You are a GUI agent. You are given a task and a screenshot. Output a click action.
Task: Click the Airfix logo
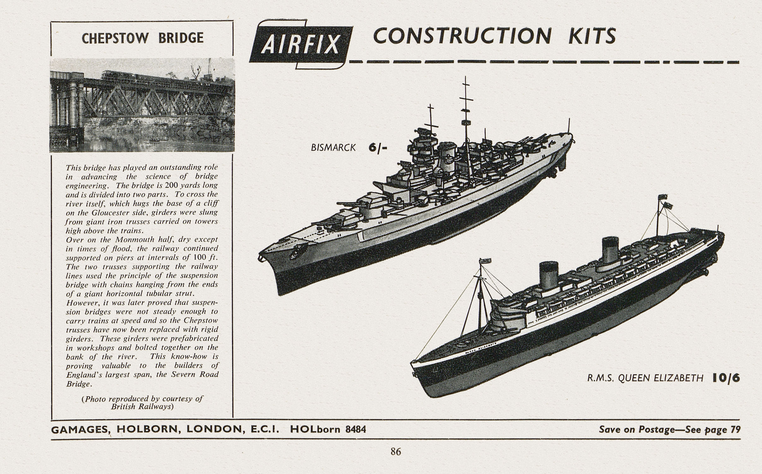tap(301, 44)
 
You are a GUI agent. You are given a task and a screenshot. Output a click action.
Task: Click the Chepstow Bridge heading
tap(142, 38)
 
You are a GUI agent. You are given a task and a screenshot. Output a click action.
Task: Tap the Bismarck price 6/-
tap(377, 148)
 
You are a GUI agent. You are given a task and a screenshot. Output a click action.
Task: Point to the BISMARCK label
tap(333, 148)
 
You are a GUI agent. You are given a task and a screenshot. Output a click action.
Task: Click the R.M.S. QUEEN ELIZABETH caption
tap(645, 378)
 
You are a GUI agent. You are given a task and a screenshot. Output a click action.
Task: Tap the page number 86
tap(396, 452)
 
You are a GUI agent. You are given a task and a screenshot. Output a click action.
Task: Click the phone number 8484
tap(356, 429)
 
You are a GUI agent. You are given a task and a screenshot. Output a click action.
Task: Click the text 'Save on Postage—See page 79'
tap(670, 430)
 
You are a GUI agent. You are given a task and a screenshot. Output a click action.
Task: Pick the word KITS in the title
tap(589, 36)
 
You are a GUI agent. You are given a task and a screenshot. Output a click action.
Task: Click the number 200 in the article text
tap(171, 185)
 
